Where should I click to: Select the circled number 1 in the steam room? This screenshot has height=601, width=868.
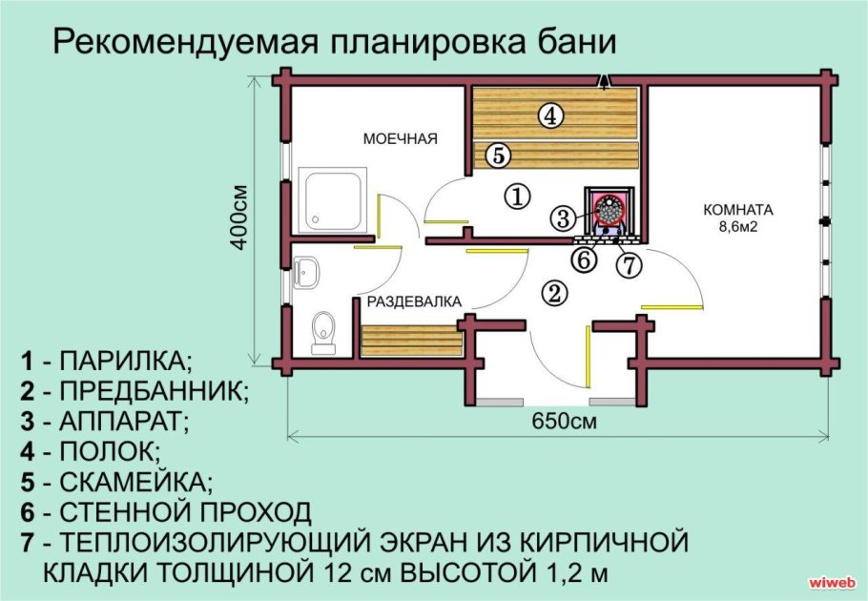pyautogui.click(x=515, y=197)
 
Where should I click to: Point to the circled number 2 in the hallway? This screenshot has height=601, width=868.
pyautogui.click(x=553, y=293)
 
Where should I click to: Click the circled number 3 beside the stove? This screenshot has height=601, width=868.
pyautogui.click(x=564, y=218)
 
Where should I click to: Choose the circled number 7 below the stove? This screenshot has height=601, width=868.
pyautogui.click(x=628, y=264)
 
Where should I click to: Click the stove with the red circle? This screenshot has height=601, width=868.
pyautogui.click(x=608, y=209)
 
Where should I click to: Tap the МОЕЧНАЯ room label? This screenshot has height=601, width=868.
pyautogui.click(x=400, y=139)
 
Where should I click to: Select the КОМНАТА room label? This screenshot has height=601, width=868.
pyautogui.click(x=738, y=210)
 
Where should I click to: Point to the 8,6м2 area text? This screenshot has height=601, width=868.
pyautogui.click(x=738, y=227)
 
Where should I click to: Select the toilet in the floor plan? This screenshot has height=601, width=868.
pyautogui.click(x=323, y=331)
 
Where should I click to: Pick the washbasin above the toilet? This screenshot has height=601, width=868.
pyautogui.click(x=308, y=273)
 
